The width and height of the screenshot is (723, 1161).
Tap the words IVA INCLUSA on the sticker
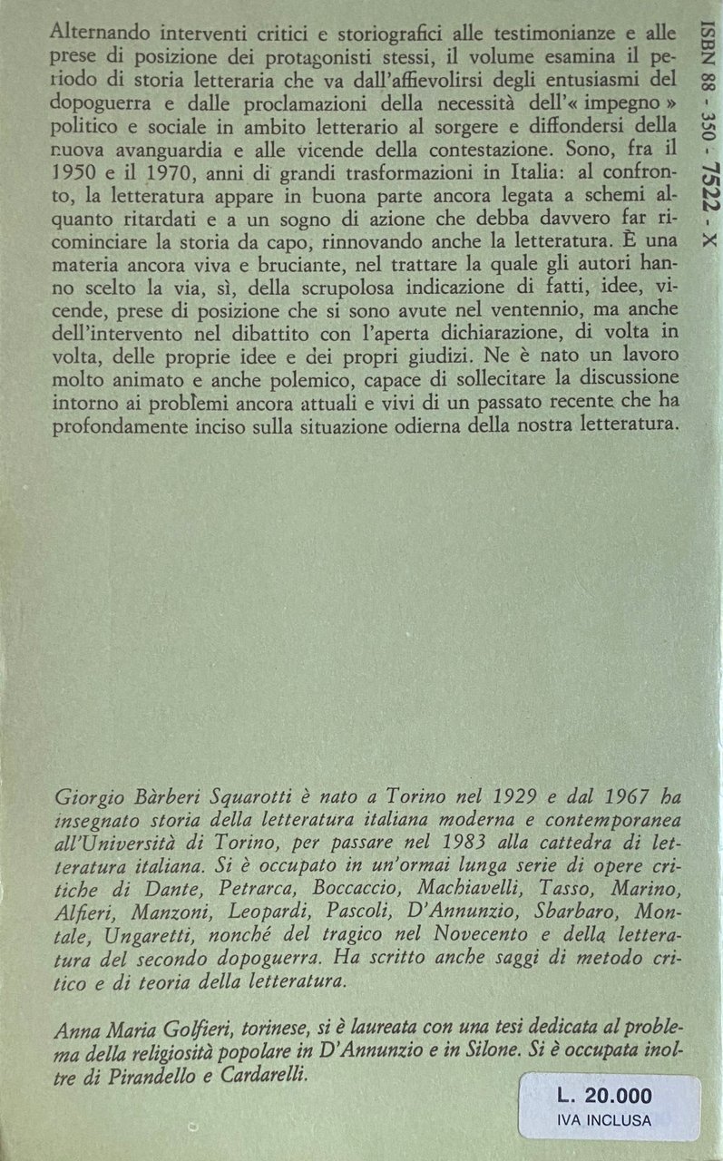pos(610,1121)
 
